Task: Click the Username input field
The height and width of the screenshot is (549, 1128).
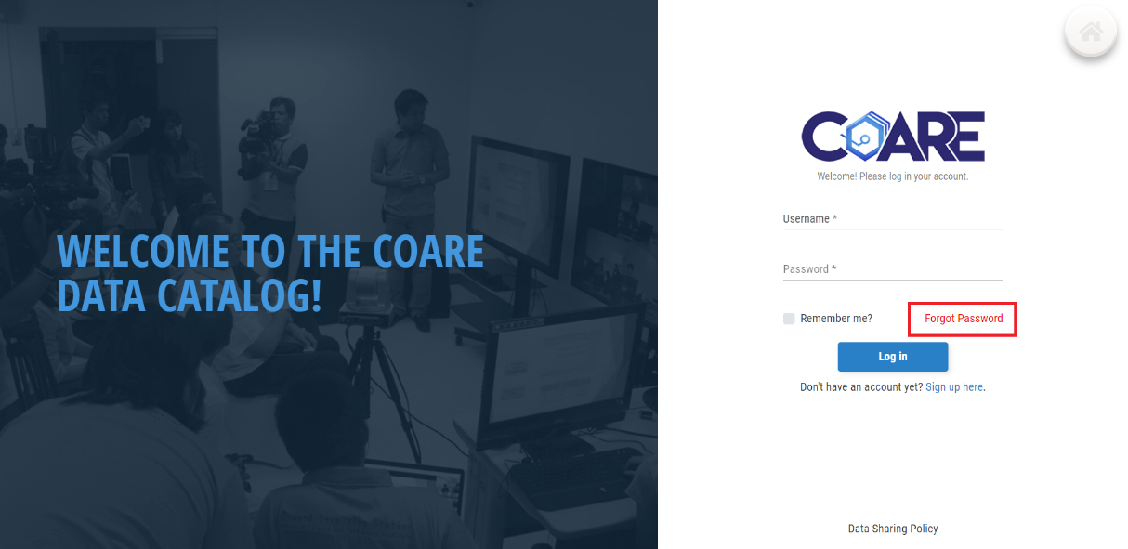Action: click(893, 219)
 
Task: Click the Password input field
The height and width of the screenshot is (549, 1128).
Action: click(893, 269)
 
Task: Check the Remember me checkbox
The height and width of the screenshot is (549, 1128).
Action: click(789, 319)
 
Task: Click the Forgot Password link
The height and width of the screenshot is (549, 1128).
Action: click(964, 319)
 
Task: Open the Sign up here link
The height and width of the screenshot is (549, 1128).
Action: click(953, 386)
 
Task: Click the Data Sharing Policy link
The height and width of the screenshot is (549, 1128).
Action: click(893, 529)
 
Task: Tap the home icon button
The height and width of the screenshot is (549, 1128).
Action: click(1091, 33)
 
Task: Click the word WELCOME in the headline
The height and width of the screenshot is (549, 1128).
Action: click(143, 251)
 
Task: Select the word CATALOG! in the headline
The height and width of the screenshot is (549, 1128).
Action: click(239, 295)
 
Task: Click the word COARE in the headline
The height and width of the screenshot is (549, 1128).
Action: click(428, 251)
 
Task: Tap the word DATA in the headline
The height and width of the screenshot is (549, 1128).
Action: click(101, 295)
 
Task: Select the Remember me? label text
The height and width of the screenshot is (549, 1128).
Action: click(836, 319)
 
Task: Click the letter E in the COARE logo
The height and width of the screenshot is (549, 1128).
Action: click(967, 136)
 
